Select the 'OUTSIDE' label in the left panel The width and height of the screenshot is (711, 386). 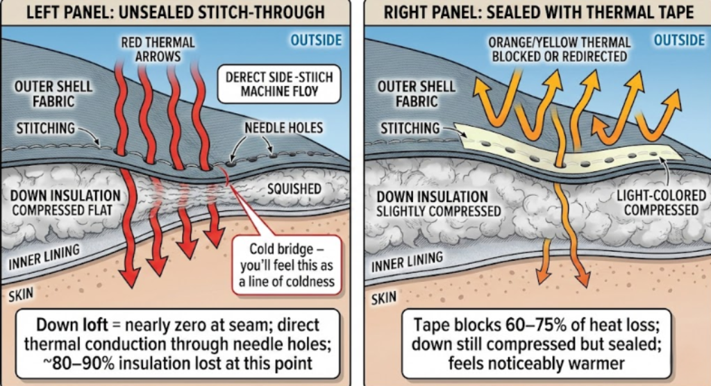pyautogui.click(x=316, y=40)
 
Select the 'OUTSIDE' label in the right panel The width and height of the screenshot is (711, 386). pyautogui.click(x=678, y=40)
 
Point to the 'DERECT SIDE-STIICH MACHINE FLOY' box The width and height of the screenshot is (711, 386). pyautogui.click(x=278, y=84)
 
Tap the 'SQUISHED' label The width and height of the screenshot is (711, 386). pyautogui.click(x=293, y=189)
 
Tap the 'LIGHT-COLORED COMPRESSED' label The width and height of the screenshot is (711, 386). pyautogui.click(x=657, y=203)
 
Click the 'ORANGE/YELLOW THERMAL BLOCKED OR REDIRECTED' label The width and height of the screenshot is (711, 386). pyautogui.click(x=558, y=48)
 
